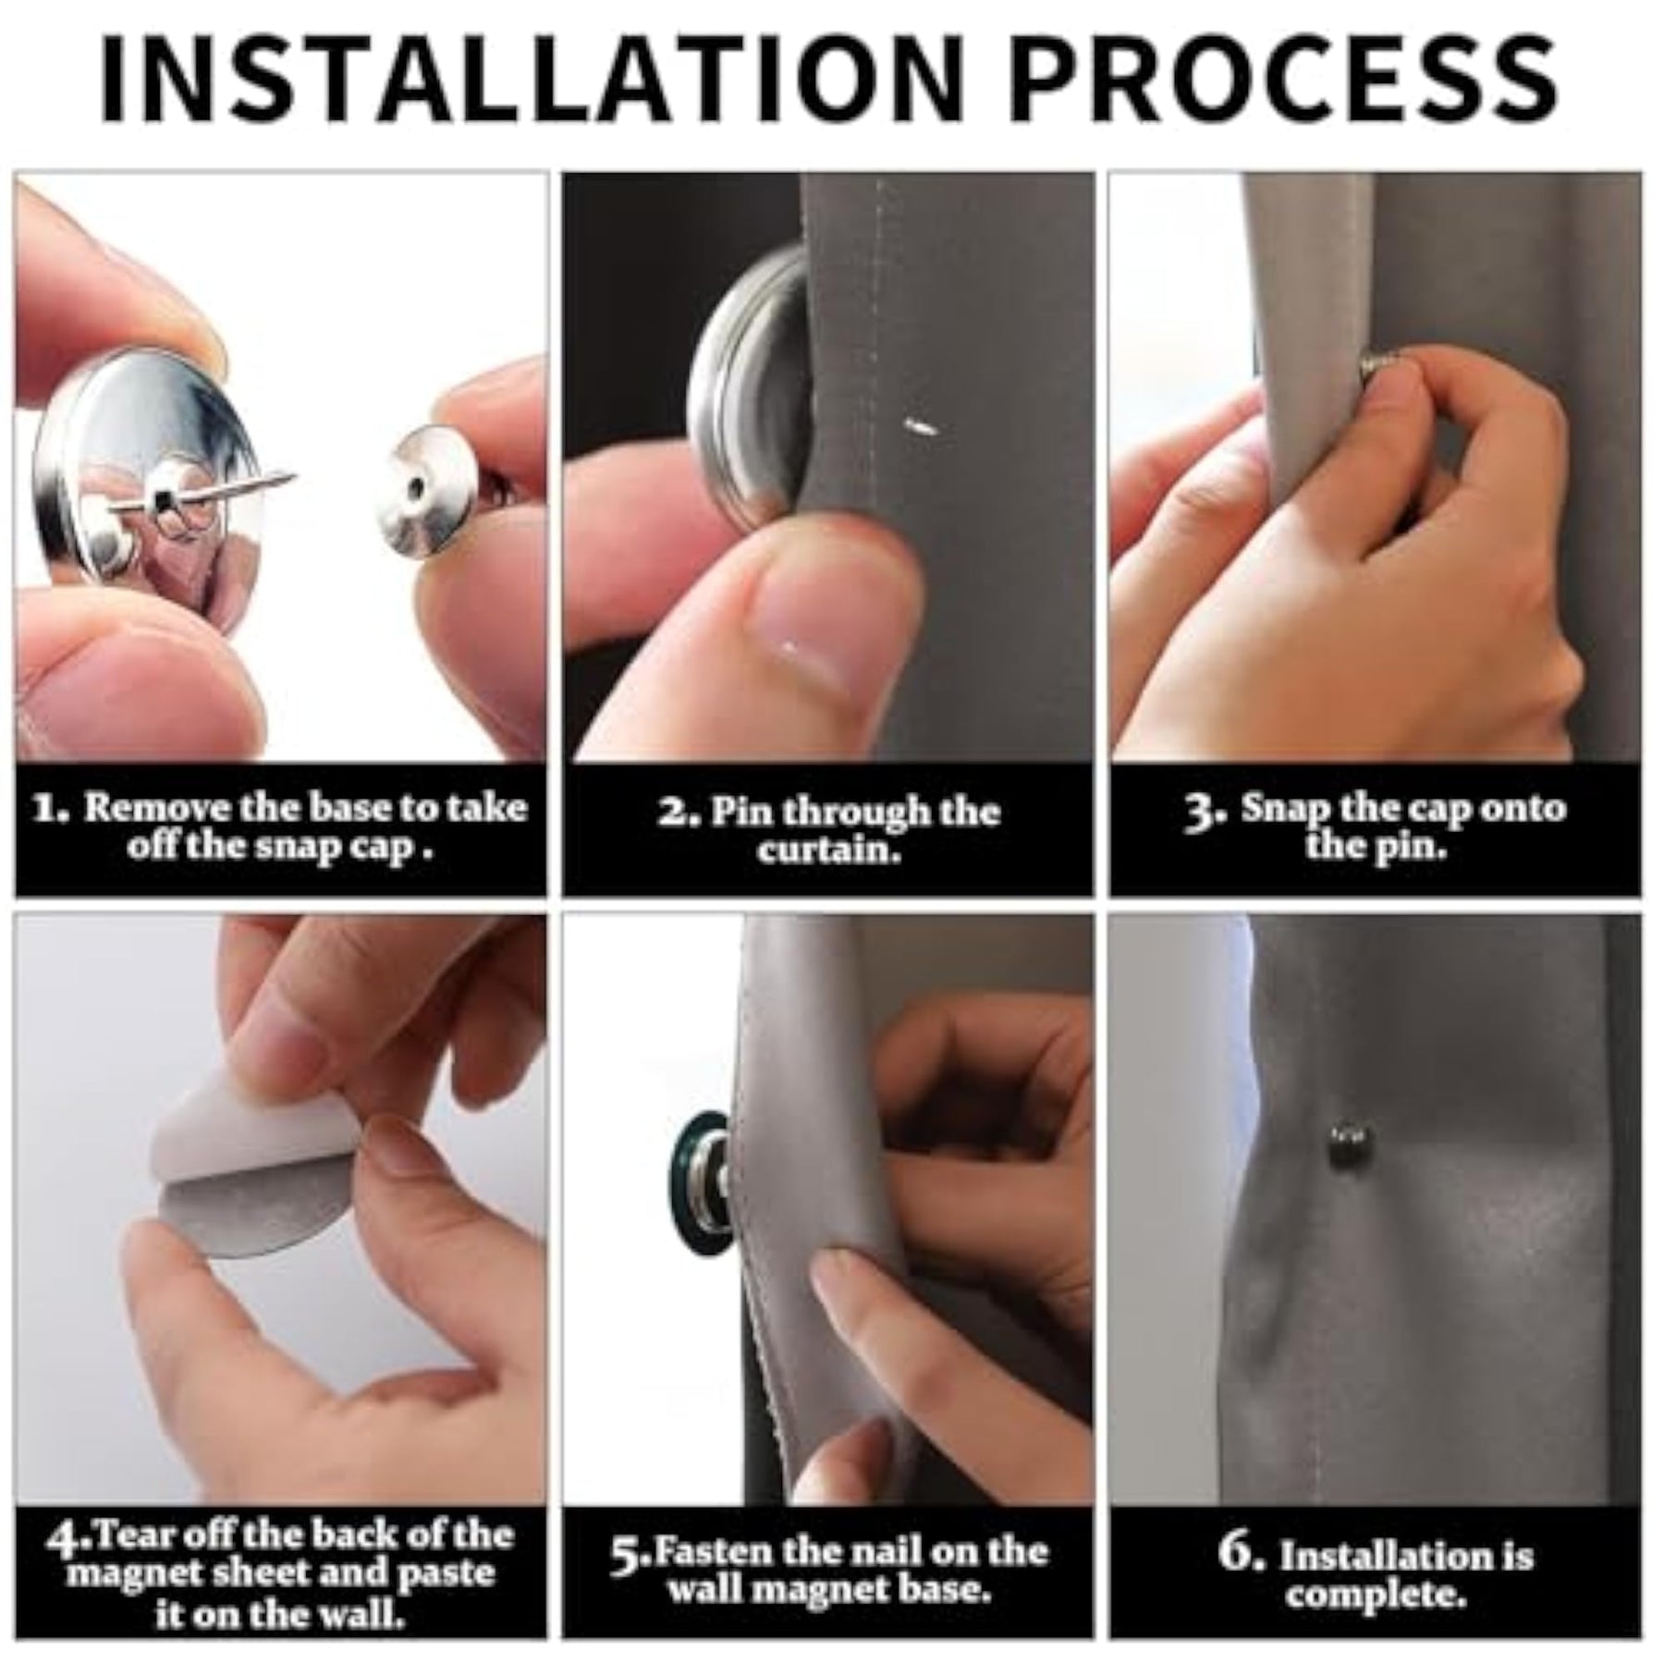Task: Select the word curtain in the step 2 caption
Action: click(x=828, y=849)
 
